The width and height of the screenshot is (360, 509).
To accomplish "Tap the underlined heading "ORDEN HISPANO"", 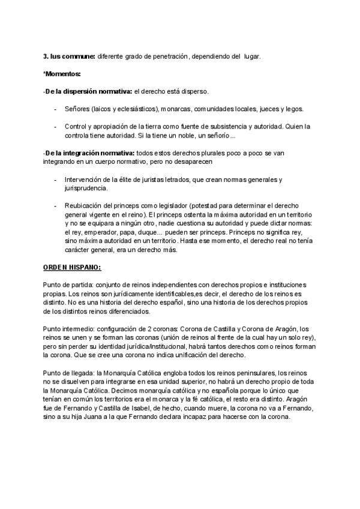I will click(71, 266).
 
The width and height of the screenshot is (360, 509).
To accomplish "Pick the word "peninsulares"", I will click(252, 373).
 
